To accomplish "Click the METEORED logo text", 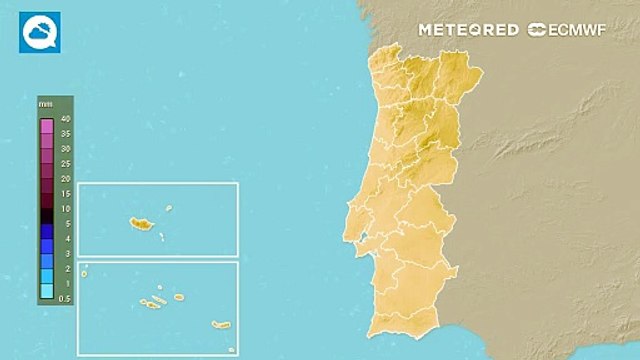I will click(469, 30).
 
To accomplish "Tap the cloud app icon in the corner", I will click(39, 32).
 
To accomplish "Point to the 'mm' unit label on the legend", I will click(45, 104).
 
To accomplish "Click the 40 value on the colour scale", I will click(65, 119).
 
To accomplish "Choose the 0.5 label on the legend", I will click(65, 298).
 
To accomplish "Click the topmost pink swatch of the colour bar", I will click(46, 126).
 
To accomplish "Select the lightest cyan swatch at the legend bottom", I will click(46, 291).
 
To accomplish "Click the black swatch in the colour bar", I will click(46, 215).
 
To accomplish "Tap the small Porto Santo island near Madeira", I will click(169, 209).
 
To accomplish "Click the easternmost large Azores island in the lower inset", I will click(221, 325).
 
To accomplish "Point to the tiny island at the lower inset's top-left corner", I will click(85, 267).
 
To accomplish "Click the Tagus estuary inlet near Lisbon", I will click(365, 236).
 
